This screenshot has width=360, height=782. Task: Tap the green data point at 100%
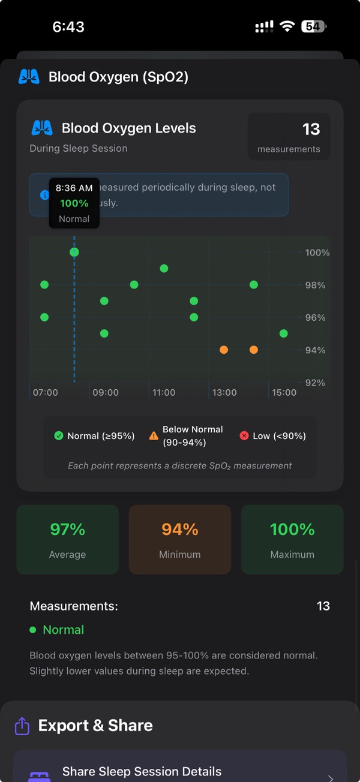point(74,252)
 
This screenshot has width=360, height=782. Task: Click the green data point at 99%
point(164,268)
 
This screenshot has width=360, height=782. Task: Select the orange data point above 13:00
point(224,350)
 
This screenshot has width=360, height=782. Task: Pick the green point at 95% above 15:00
point(284,333)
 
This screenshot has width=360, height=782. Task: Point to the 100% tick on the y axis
point(317,253)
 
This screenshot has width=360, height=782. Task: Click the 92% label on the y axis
point(315,383)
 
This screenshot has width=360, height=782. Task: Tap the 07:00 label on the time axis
point(46,393)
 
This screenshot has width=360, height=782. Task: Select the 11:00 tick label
point(164,393)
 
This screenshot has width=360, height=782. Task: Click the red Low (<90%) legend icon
point(244,436)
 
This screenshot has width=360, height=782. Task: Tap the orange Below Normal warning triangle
point(154,436)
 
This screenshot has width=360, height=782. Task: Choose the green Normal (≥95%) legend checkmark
point(59,436)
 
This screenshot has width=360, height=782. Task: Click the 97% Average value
point(67,530)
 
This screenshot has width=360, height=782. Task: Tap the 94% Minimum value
point(180,530)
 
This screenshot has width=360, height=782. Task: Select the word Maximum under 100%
point(292,555)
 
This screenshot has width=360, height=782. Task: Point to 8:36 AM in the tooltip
point(74,188)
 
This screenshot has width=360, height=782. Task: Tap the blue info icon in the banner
point(44,195)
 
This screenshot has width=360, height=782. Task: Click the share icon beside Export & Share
point(22,726)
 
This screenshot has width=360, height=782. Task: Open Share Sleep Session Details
point(142,772)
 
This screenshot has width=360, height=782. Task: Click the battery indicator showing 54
point(313,26)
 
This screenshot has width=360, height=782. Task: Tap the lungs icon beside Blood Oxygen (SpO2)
point(29,77)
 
